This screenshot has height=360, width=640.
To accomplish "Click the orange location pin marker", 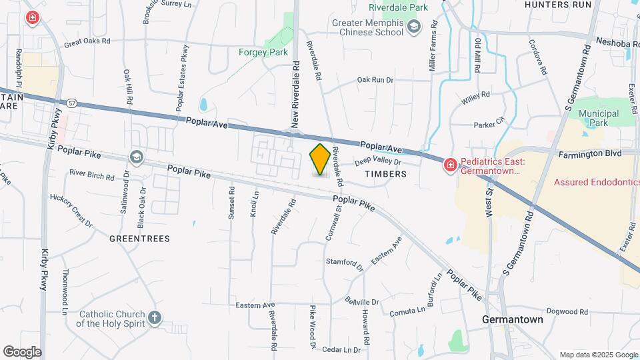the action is (x=320, y=159).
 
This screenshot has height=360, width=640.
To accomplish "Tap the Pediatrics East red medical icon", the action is (x=451, y=164).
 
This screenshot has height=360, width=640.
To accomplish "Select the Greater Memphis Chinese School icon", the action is (x=414, y=26).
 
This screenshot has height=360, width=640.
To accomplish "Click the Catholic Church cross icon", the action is (x=155, y=317).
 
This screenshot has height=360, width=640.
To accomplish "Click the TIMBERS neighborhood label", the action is (x=385, y=174).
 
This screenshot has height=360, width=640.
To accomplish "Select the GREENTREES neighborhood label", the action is (x=139, y=238).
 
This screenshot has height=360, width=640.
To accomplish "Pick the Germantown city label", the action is (x=512, y=319).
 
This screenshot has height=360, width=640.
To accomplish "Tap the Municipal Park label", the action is (x=599, y=118).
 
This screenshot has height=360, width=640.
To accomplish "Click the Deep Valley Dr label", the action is (x=377, y=161).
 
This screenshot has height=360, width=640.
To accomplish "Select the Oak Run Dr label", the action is (x=375, y=80).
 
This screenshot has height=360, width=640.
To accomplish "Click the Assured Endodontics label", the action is (x=596, y=181).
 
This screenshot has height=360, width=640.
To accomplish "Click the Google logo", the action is (x=22, y=351).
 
